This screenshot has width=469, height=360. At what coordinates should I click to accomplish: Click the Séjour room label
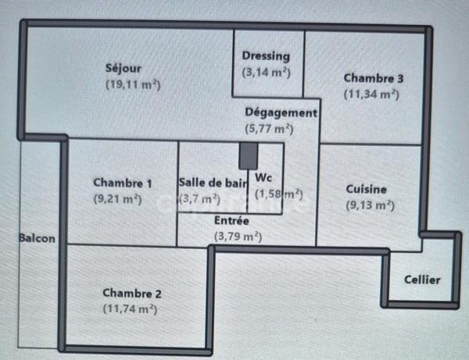(123, 68)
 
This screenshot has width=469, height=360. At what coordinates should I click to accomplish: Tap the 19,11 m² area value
(138, 84)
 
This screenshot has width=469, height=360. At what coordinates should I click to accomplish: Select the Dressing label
(266, 56)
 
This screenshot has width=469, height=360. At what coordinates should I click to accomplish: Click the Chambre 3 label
(374, 78)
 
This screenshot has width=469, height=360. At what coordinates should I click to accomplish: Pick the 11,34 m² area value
(372, 94)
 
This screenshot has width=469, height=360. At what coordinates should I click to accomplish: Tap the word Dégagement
(281, 112)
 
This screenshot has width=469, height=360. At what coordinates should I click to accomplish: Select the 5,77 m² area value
(269, 129)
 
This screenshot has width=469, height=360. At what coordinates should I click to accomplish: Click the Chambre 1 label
(123, 183)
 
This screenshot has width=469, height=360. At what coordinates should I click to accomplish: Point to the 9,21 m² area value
(118, 199)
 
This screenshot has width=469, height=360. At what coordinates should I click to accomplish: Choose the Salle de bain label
(212, 183)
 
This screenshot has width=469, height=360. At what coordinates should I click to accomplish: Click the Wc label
(263, 176)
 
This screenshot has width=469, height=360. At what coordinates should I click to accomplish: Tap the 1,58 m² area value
(278, 194)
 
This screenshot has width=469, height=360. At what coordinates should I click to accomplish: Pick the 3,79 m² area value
(238, 236)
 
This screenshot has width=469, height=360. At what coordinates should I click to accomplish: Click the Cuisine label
(367, 189)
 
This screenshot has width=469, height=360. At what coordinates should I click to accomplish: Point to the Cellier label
(422, 280)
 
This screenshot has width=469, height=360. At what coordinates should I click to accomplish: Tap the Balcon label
(38, 239)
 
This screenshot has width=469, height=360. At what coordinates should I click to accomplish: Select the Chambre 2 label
(132, 293)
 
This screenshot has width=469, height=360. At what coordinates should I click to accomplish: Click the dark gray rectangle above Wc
(248, 155)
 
